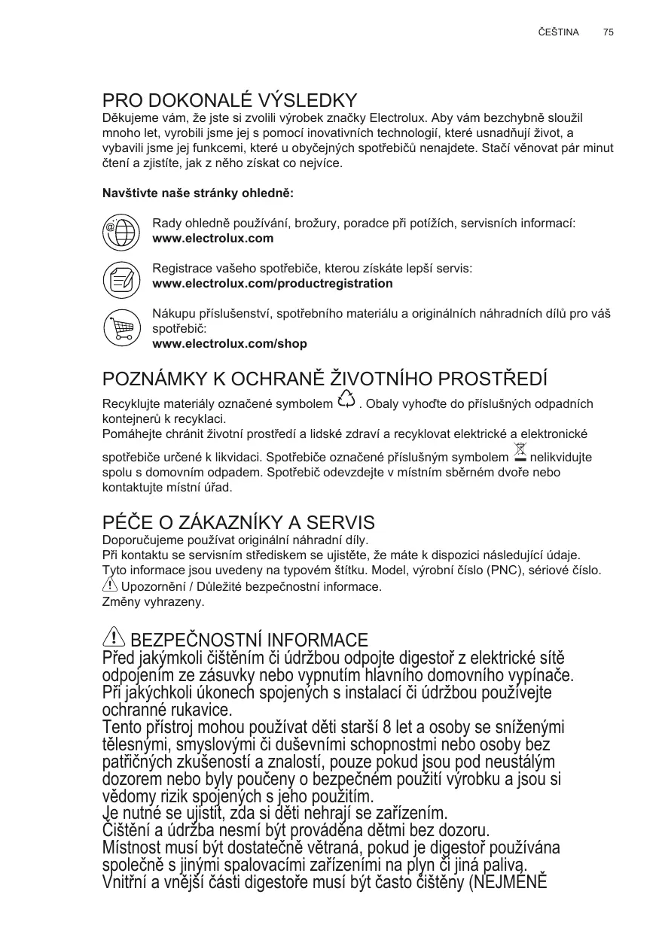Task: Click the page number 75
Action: (609, 32)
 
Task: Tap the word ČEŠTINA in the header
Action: (559, 32)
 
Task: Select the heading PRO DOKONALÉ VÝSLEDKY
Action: (230, 100)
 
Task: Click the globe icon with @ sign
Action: (121, 231)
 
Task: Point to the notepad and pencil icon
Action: (121, 279)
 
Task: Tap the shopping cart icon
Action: (121, 329)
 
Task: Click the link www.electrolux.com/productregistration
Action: (273, 284)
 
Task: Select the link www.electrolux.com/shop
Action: (230, 344)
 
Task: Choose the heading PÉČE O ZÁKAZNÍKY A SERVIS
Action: (238, 522)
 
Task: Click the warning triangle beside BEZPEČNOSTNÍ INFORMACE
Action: (114, 638)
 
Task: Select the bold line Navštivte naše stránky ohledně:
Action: (197, 193)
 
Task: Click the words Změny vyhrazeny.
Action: (153, 602)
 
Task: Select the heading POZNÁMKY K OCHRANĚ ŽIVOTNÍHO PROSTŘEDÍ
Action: (325, 378)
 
